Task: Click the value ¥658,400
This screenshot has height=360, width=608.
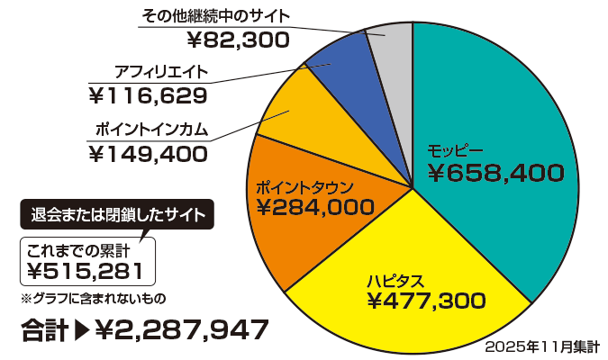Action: [x=495, y=173]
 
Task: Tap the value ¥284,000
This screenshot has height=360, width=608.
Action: [x=314, y=208]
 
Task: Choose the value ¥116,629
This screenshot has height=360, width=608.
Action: [x=149, y=94]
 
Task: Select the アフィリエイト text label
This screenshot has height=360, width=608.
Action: [x=162, y=71]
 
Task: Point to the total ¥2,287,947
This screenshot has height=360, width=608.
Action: [x=181, y=329]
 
